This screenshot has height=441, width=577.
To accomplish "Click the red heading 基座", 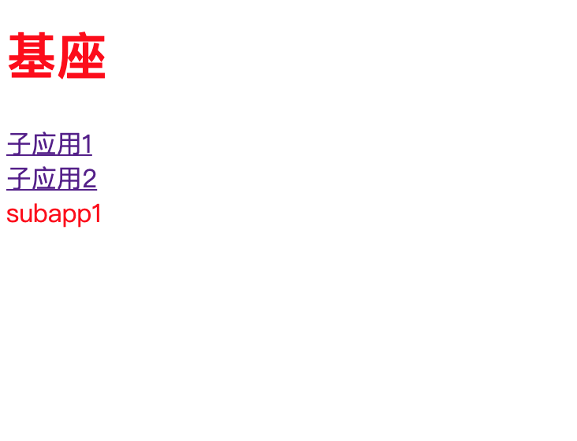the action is pyautogui.click(x=56, y=57).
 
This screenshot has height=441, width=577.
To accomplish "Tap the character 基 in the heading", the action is pyautogui.click(x=32, y=57).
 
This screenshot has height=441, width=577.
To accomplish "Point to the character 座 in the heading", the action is pyautogui.click(x=81, y=57).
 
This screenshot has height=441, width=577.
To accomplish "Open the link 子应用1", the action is pyautogui.click(x=49, y=145).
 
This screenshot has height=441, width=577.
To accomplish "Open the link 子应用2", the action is pyautogui.click(x=51, y=180).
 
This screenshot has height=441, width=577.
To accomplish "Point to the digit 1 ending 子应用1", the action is pyautogui.click(x=87, y=145).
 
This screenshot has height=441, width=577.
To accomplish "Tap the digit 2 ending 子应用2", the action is pyautogui.click(x=89, y=180).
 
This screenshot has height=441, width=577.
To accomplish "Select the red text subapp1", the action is pyautogui.click(x=54, y=214).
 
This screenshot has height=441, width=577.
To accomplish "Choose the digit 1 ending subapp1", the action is pyautogui.click(x=97, y=214).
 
